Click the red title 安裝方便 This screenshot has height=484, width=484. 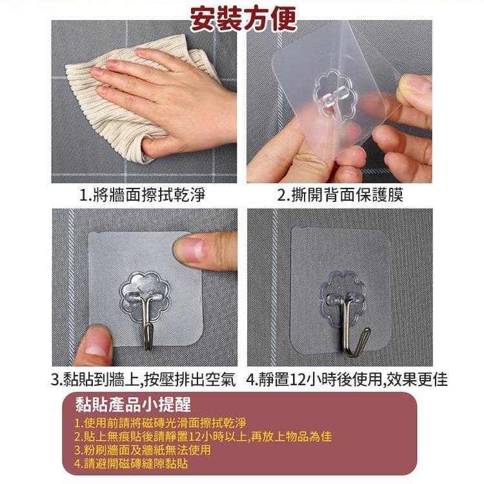(x=242, y=19)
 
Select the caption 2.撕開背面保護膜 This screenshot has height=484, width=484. (x=340, y=195)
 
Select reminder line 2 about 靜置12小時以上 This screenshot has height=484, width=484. (x=203, y=437)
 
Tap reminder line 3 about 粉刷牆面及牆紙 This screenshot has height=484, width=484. (x=143, y=450)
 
